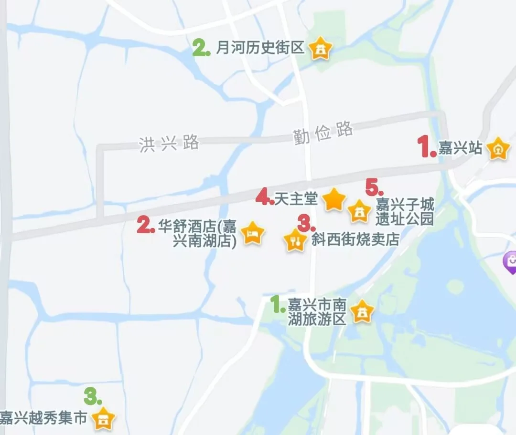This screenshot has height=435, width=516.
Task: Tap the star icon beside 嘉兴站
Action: [499, 149]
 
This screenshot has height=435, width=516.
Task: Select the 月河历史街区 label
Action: [260, 48]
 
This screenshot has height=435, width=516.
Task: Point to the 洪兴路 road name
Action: [169, 143]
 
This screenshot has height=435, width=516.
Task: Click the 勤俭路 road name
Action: [323, 133]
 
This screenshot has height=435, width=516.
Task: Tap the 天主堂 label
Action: [296, 199]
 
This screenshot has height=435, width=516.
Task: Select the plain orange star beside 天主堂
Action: [334, 199]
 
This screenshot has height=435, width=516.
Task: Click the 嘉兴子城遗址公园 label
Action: [405, 212]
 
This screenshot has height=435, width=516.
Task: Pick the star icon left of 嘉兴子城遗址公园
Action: [359, 211]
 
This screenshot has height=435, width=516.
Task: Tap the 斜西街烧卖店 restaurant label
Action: [355, 238]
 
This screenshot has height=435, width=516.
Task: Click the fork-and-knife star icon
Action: [294, 240]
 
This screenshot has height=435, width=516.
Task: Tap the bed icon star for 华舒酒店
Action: [252, 233]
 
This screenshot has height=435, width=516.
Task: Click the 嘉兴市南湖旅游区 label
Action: [317, 311]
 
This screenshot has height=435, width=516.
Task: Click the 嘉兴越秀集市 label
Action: [43, 418]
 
